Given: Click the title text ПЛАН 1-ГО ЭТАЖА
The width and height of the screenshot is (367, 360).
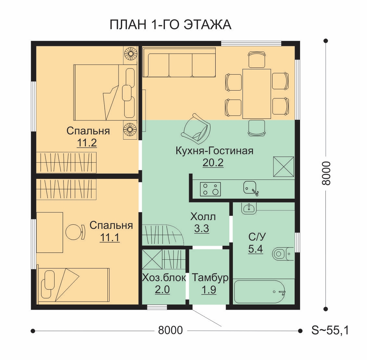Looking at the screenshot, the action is pos(171,25).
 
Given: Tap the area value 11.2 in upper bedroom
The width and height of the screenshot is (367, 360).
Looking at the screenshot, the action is pos(87,143).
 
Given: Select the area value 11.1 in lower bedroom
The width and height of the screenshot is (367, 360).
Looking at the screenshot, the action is pos(110,237).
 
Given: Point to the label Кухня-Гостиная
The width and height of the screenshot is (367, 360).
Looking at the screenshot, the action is pos(214,151).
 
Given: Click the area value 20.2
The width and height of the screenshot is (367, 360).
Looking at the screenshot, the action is pos(213,163).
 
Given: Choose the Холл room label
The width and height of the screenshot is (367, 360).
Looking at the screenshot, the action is pos(203,217).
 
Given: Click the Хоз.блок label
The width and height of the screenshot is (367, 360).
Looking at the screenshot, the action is pos(164,278).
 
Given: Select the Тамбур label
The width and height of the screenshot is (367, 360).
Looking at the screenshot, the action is pos(210,278).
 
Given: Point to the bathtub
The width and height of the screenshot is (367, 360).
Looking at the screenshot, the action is pos(259,292).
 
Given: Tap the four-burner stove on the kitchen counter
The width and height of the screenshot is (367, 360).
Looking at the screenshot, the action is pos(210,189).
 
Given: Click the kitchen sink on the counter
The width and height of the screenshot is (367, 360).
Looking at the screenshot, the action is pos(250,188).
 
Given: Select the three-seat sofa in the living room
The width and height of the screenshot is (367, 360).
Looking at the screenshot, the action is pos(179,62).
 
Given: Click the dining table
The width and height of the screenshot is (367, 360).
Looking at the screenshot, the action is pos(257,94).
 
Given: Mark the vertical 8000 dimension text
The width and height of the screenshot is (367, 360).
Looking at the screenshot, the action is pos(326,173).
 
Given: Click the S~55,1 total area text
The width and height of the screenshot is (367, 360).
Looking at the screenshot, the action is pos(330,330).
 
